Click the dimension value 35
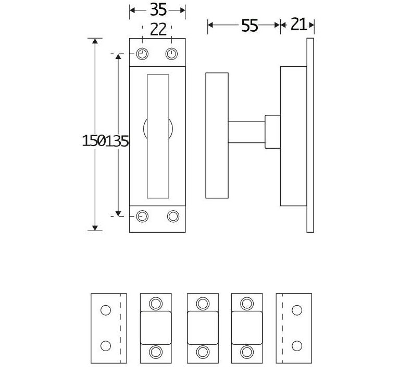click(x=158, y=9)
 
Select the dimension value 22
click(x=158, y=29)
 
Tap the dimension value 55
click(x=249, y=26)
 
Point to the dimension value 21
click(x=298, y=25)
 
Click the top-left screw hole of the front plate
click(x=142, y=54)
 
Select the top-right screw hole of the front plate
click(x=172, y=54)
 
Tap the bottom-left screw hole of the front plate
click(x=142, y=215)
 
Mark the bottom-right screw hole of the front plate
click(x=172, y=215)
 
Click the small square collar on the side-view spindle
click(x=272, y=131)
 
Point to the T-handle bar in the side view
click(x=217, y=136)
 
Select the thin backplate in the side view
click(x=310, y=135)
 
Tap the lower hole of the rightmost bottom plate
click(x=297, y=345)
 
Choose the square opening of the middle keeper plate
click(x=202, y=328)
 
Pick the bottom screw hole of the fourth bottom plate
click(x=246, y=352)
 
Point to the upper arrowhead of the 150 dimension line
click(x=95, y=42)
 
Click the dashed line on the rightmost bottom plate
click(x=282, y=328)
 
